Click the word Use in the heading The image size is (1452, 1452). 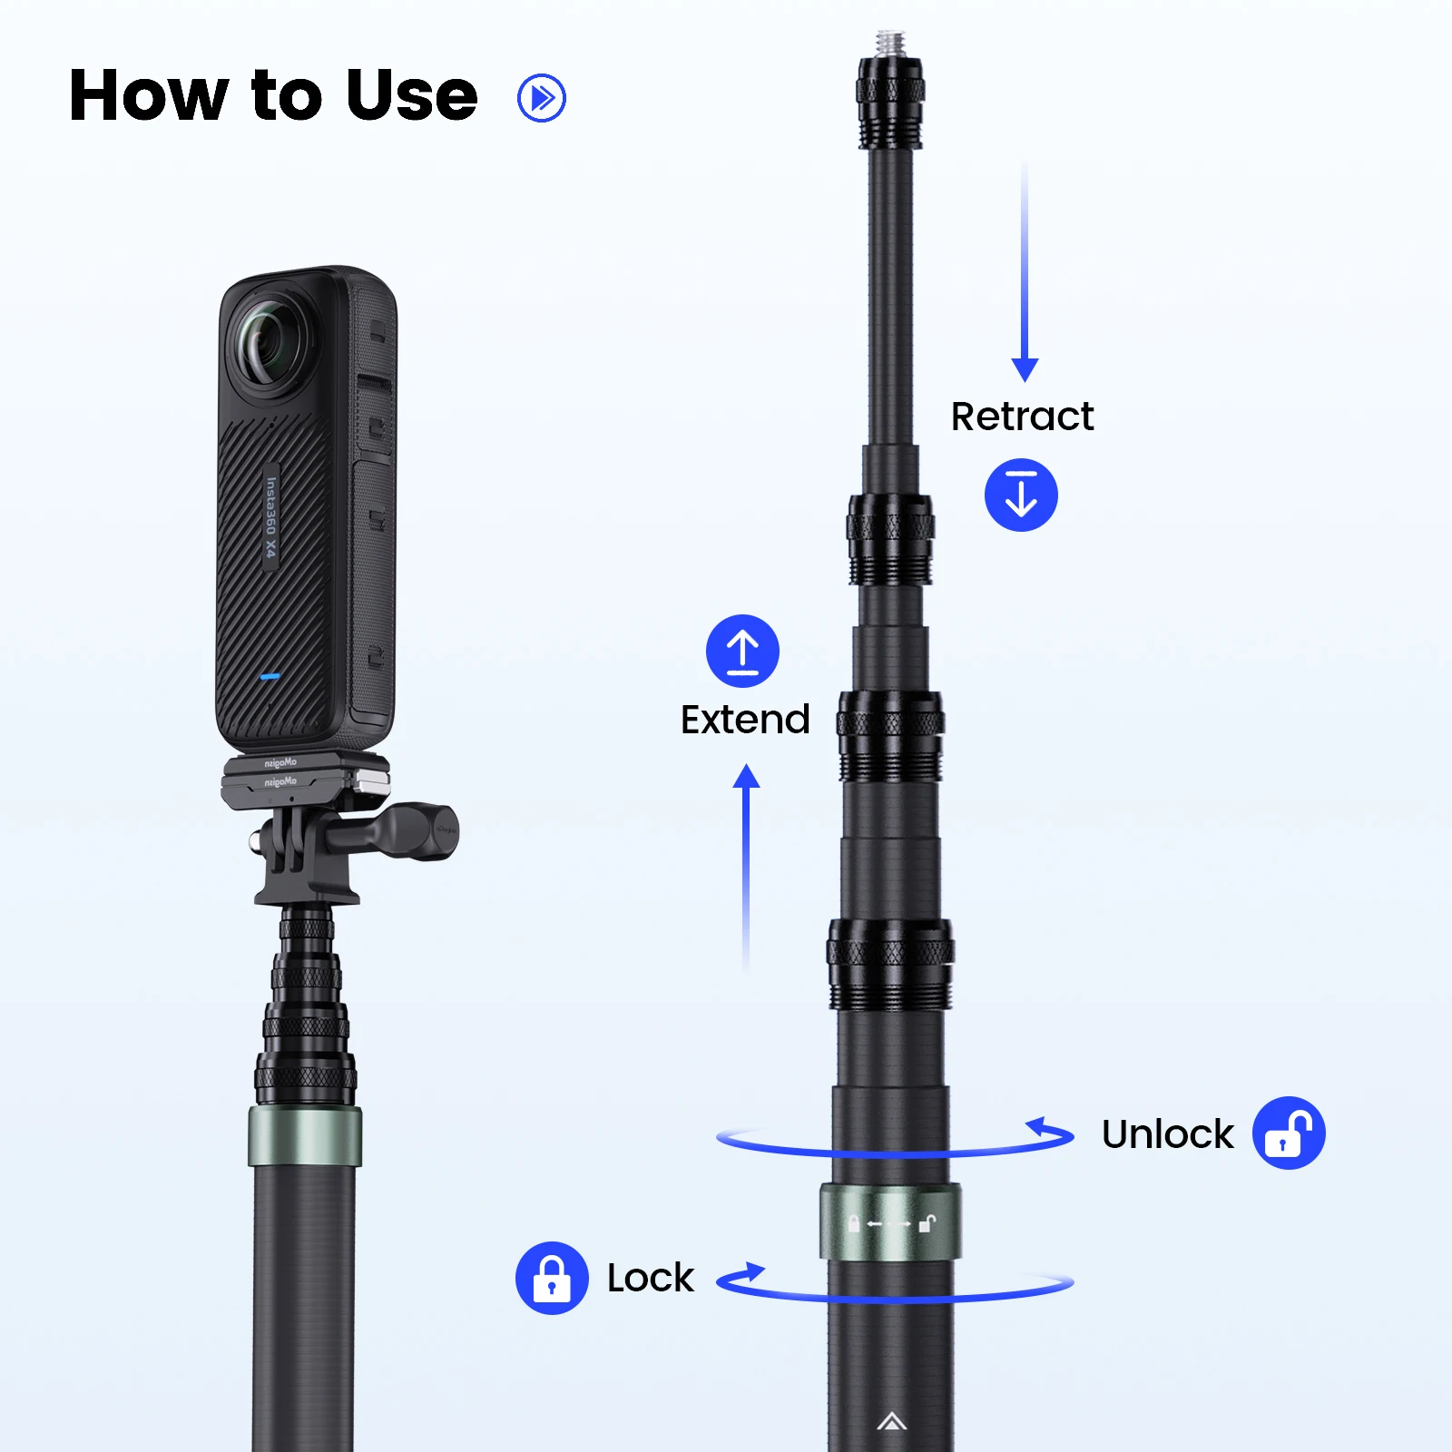point(411,96)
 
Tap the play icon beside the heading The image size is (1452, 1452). point(542,98)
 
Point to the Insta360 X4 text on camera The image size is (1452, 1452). point(270,517)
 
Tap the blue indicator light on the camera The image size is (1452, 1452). point(270,676)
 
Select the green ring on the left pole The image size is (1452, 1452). point(305,1135)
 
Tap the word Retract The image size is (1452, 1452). point(1022,417)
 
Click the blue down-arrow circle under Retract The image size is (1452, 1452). point(1021,495)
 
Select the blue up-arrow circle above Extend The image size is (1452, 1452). point(742,651)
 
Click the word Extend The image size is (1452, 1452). point(745,720)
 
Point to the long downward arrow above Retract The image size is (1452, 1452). point(1025,272)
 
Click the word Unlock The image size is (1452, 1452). point(1167,1134)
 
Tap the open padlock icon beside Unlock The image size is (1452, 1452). point(1289,1133)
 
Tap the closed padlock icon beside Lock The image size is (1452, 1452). point(552,1278)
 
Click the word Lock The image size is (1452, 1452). point(650,1278)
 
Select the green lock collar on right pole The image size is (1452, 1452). point(889,1222)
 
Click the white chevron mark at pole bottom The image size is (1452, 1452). point(891,1421)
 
